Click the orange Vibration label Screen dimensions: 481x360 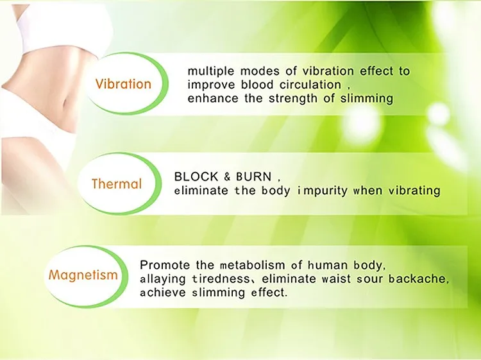123,84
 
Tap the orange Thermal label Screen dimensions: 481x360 117,184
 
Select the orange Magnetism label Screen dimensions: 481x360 83,275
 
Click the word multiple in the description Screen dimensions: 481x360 210,71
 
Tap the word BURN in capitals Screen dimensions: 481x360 254,176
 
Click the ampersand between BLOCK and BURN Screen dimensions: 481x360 227,177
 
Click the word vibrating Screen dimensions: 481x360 414,191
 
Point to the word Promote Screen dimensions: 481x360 165,265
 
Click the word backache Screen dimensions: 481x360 417,279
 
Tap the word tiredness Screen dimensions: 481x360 221,279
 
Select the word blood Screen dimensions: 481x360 257,85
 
